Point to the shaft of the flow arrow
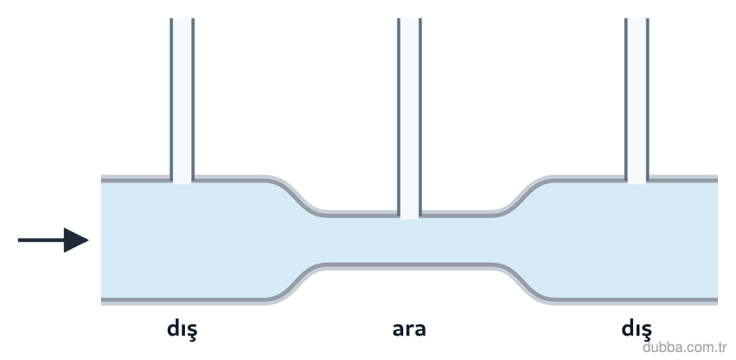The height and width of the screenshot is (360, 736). point(41,240)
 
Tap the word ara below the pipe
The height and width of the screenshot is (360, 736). point(409,329)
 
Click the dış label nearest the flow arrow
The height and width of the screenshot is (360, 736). point(182,329)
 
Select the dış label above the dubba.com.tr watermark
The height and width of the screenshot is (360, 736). point(637,329)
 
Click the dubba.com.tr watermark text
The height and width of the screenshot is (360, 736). point(685,347)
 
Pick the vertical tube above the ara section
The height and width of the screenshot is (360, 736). point(409,117)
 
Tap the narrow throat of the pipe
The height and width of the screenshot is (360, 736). point(409,241)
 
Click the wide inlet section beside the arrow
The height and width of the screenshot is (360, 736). point(183,240)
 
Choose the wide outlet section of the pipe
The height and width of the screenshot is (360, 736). point(635,240)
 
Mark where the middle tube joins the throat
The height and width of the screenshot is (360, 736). point(409,215)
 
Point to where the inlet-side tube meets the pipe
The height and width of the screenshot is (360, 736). point(182,180)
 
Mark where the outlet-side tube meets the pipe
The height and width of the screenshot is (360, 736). point(637,180)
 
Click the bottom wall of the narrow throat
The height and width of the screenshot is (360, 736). point(409,266)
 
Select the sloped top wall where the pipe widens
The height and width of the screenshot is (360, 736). point(522,196)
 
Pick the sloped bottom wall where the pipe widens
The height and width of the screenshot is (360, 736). point(522,283)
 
